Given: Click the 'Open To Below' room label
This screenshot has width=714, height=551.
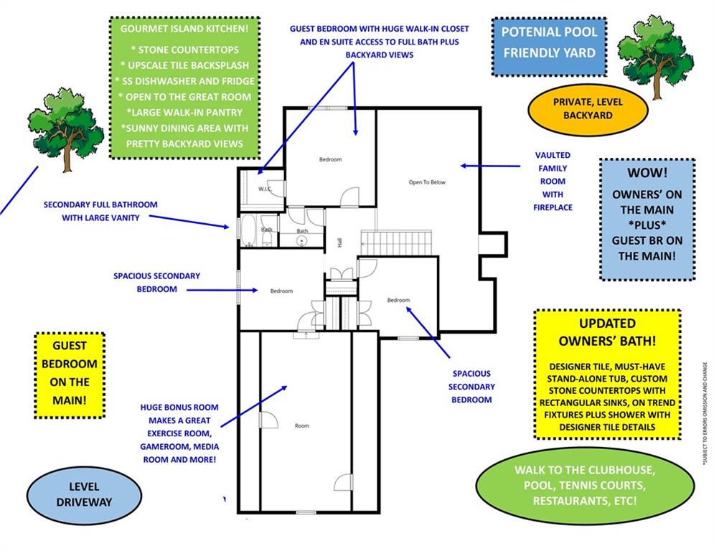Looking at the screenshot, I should (x=427, y=182).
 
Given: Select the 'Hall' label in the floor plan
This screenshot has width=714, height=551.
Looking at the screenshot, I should (x=339, y=243).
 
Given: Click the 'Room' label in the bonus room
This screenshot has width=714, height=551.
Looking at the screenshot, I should (x=301, y=426).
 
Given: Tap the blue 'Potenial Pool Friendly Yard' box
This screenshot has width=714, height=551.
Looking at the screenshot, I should (x=549, y=42).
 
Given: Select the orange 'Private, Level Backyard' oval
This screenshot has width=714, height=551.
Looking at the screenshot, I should (x=588, y=108).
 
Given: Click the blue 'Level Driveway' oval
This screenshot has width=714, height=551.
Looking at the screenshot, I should (x=84, y=494).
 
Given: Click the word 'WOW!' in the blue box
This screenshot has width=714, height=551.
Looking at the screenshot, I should (x=647, y=173).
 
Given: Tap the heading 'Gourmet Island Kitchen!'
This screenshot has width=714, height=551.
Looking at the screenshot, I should (x=184, y=29).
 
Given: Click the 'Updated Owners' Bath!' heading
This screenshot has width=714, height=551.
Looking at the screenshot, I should (x=607, y=331).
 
